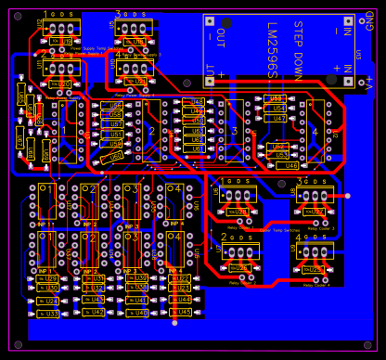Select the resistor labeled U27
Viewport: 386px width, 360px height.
click(315, 212)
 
